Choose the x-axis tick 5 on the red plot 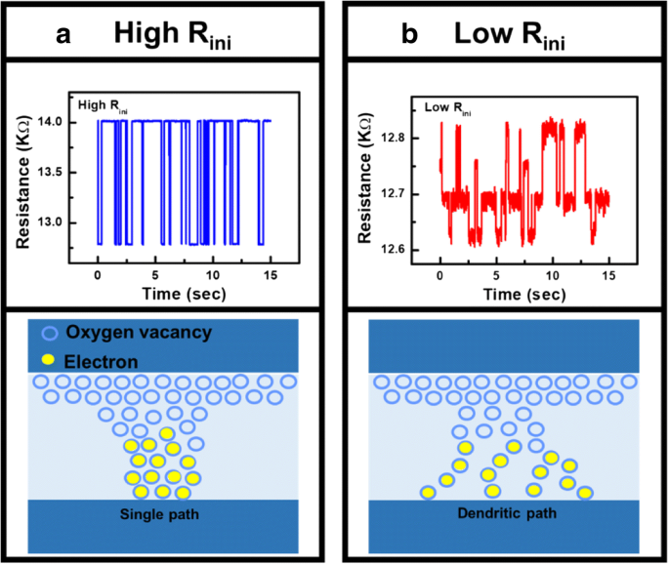(x=496, y=276)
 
